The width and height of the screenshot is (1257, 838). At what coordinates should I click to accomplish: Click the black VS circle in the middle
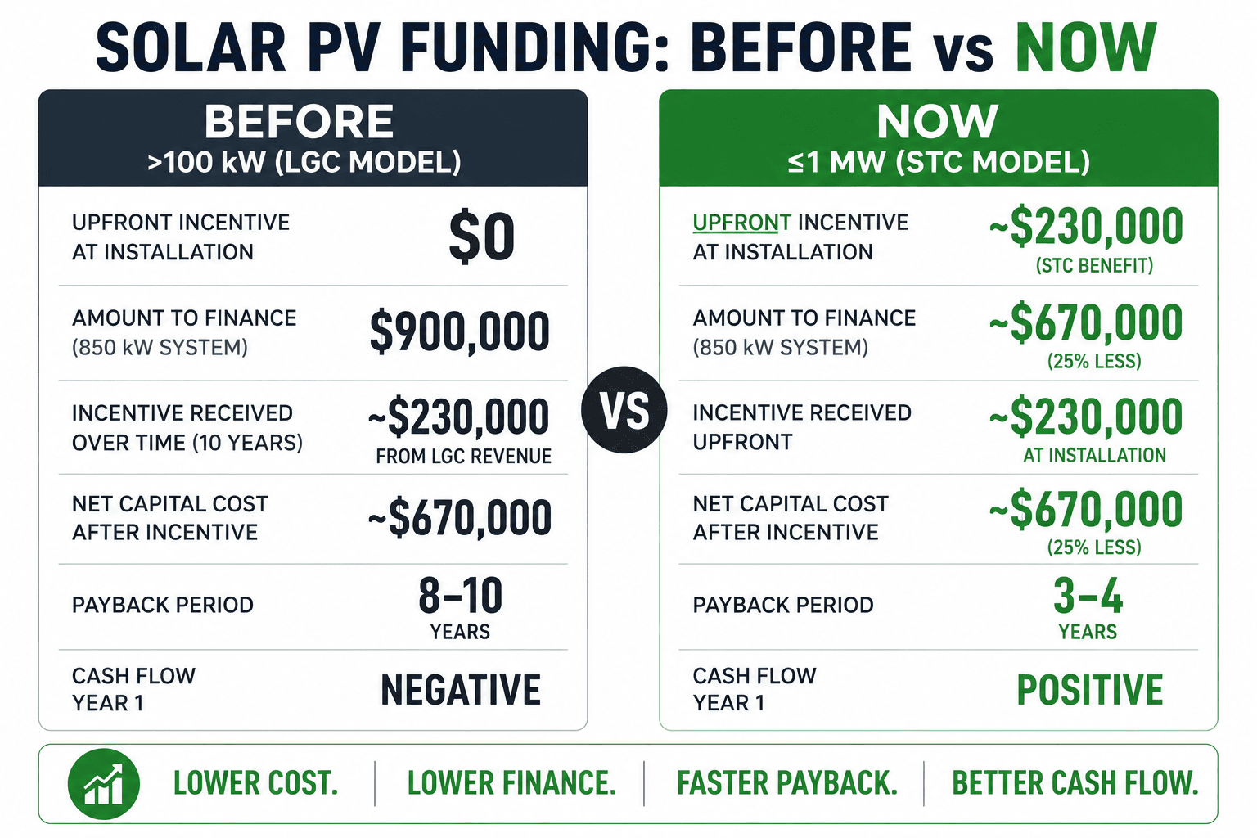(x=624, y=410)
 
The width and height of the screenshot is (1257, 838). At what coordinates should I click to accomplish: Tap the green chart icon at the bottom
(x=104, y=784)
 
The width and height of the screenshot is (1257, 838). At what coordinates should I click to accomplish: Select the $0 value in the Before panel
(x=481, y=237)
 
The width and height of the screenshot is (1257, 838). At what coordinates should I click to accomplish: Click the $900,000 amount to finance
(x=459, y=331)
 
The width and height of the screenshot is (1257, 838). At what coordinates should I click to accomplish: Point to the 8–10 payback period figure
(x=460, y=595)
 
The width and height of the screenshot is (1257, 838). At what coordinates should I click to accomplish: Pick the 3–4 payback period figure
(x=1088, y=595)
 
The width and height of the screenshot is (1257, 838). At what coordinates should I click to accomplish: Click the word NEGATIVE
(x=461, y=690)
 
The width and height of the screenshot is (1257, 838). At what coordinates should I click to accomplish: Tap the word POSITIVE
(x=1090, y=690)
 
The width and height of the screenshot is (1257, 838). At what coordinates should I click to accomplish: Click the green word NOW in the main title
(x=1086, y=47)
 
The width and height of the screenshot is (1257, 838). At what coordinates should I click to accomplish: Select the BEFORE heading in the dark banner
(x=299, y=121)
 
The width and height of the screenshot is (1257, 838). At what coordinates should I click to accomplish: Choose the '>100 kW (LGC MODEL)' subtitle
(x=304, y=162)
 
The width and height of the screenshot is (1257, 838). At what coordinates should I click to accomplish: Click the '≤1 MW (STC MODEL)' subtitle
(x=939, y=162)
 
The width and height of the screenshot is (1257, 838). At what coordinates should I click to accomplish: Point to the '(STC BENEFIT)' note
(x=1094, y=265)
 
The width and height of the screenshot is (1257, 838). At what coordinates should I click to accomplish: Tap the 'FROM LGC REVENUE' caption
(x=463, y=457)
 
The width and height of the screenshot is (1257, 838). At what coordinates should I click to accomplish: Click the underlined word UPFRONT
(x=742, y=223)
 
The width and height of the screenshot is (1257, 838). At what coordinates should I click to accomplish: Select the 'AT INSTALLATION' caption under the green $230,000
(x=1094, y=455)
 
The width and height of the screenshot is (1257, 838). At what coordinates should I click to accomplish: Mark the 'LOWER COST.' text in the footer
(x=256, y=783)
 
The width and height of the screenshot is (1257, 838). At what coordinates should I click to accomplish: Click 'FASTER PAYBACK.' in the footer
(x=786, y=783)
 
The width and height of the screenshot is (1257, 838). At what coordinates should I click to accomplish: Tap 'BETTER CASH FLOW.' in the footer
(x=1075, y=783)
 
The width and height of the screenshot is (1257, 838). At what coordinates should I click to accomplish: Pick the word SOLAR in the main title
(x=191, y=47)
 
